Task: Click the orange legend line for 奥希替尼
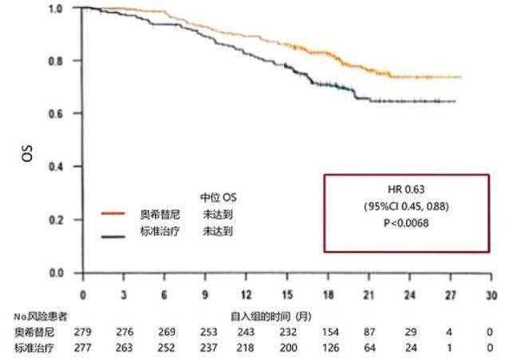[113, 214]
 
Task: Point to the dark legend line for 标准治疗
[113, 235]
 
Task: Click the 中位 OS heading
[218, 196]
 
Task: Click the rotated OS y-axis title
[29, 153]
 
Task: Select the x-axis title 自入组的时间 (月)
[268, 316]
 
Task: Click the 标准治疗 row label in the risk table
[32, 347]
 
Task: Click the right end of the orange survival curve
[460, 77]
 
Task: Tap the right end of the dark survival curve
[455, 101]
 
